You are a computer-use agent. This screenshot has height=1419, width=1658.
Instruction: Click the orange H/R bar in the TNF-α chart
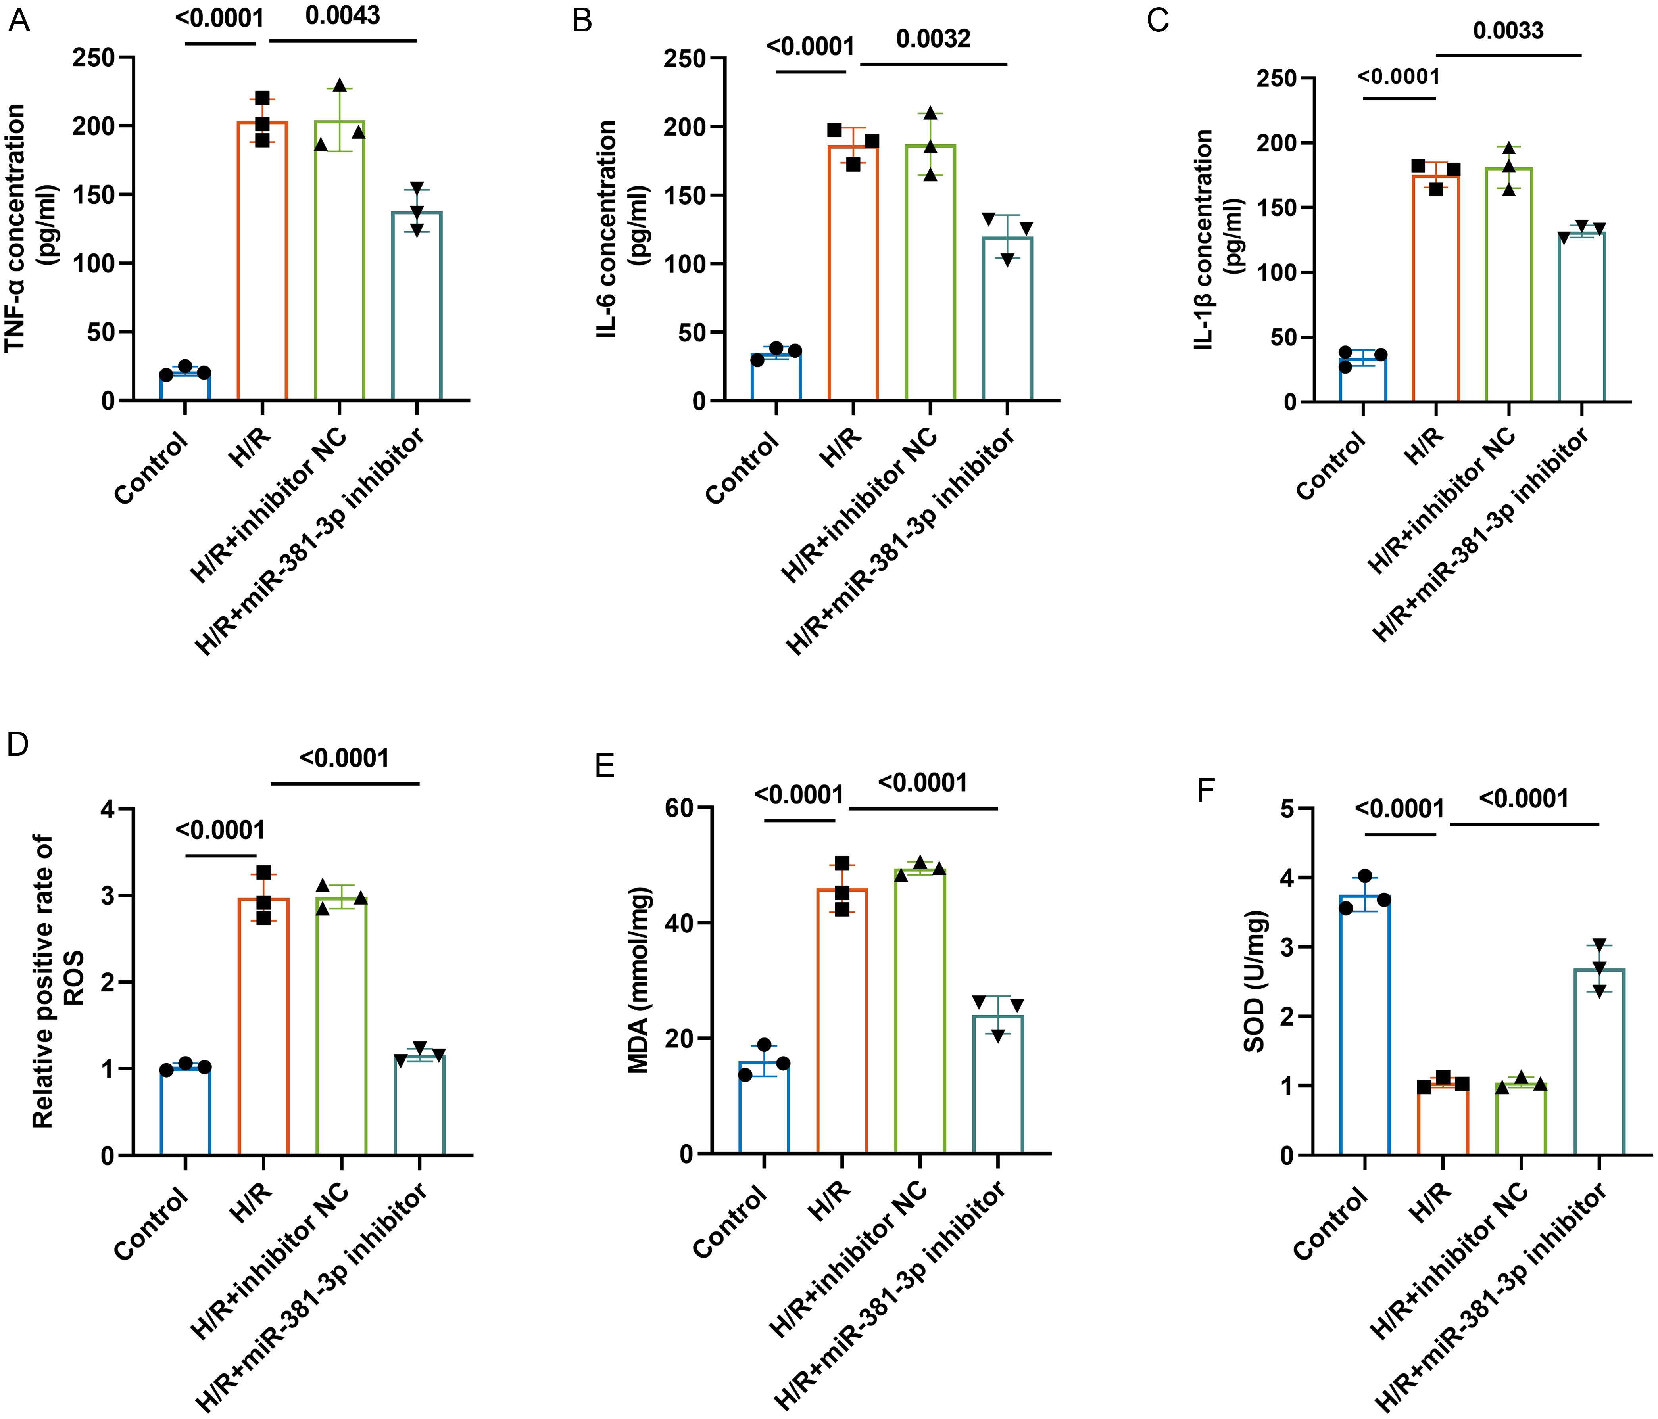[263, 264]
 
